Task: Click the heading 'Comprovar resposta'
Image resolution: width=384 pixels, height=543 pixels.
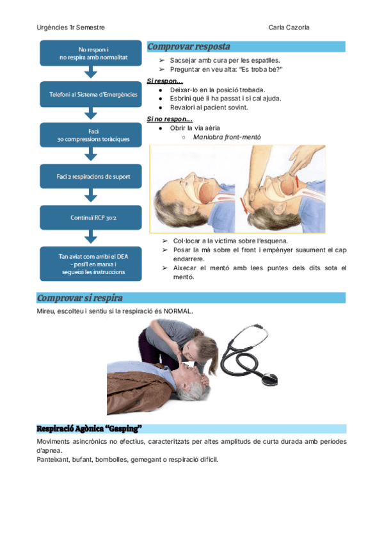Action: pyautogui.click(x=189, y=47)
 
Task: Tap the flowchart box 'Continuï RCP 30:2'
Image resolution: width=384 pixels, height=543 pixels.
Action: pyautogui.click(x=92, y=218)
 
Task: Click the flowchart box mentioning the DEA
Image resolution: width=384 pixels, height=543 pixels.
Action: pyautogui.click(x=92, y=263)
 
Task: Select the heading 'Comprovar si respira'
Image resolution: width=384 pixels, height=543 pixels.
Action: pyautogui.click(x=80, y=298)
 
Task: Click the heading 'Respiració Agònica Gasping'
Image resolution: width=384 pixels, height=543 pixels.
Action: pyautogui.click(x=89, y=428)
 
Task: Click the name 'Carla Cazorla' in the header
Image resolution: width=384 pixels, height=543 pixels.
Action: pyautogui.click(x=291, y=28)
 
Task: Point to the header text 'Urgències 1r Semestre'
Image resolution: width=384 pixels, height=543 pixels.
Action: pyautogui.click(x=71, y=28)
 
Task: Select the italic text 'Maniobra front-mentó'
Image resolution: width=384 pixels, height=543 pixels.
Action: pyautogui.click(x=227, y=137)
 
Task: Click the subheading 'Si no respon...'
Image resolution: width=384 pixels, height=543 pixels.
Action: pyautogui.click(x=170, y=119)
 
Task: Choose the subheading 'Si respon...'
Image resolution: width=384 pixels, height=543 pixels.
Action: pyautogui.click(x=165, y=81)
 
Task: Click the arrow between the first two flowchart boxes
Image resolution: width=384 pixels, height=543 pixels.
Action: pyautogui.click(x=92, y=74)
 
